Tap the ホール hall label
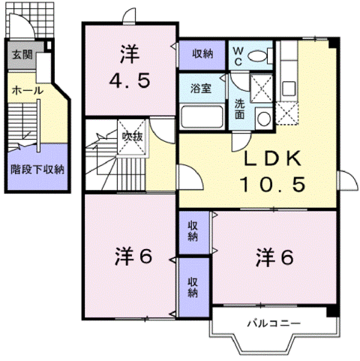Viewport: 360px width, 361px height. pos(26,90)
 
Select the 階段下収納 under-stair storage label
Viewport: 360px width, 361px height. pos(36,169)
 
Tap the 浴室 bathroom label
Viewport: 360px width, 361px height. pos(200,88)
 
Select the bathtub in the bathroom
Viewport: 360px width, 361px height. pos(202,118)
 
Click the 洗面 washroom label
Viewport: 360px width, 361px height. pos(238,110)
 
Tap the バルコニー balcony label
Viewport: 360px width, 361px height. pos(274,323)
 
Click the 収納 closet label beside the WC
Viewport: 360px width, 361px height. pos(202,54)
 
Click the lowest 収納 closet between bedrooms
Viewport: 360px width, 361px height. pos(193,287)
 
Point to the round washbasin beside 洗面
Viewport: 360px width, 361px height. pos(262,116)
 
